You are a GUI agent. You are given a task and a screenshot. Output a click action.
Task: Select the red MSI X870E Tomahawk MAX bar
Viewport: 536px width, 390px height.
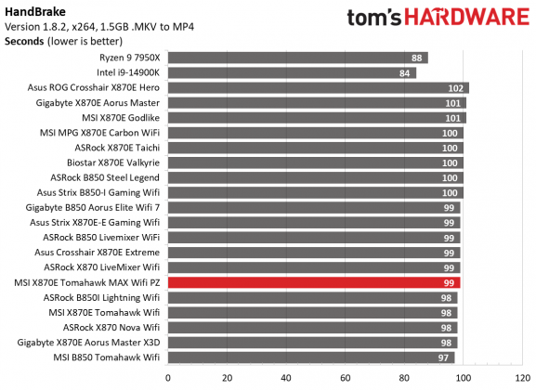pyautogui.click(x=314, y=282)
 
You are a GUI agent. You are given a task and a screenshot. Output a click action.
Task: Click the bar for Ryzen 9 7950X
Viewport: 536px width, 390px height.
pyautogui.click(x=297, y=58)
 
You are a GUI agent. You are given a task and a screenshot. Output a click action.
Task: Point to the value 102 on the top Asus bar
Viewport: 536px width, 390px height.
pyautogui.click(x=455, y=87)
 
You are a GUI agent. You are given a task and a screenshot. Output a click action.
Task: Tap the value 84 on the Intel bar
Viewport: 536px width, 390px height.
pyautogui.click(x=406, y=72)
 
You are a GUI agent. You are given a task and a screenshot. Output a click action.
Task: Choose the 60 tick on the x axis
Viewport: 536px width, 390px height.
pyautogui.click(x=345, y=378)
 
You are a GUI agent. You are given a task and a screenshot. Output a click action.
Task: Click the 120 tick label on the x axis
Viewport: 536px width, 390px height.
pyautogui.click(x=521, y=378)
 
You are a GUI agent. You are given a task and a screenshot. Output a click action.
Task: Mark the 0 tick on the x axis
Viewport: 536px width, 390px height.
pyautogui.click(x=168, y=378)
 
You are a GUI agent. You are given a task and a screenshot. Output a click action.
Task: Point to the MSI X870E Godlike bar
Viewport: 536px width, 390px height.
pyautogui.click(x=317, y=118)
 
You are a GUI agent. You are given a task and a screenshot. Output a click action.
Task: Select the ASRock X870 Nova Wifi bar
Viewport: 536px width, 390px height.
pyautogui.click(x=312, y=328)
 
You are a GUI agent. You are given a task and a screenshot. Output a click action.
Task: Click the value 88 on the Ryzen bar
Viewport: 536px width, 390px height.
pyautogui.click(x=418, y=58)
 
